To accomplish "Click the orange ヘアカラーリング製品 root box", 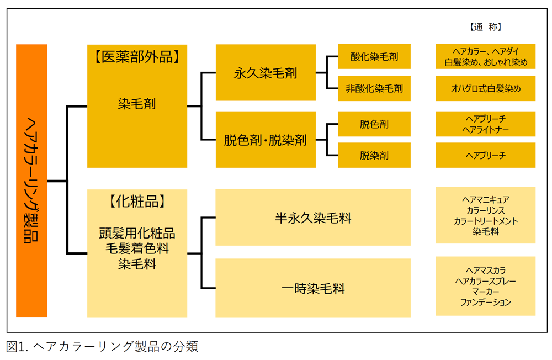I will [x=31, y=181].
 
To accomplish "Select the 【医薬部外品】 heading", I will [x=137, y=56].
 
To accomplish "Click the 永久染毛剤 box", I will [x=265, y=72].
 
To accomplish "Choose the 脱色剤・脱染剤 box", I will [x=265, y=140].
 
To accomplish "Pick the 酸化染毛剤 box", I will [x=374, y=56].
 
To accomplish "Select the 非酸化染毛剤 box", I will [x=374, y=88].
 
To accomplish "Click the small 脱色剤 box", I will [x=374, y=124].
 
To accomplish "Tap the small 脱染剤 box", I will [x=374, y=155].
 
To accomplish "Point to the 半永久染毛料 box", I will [x=312, y=218].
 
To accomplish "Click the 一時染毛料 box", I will [x=312, y=288].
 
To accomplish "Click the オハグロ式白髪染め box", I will [x=485, y=88].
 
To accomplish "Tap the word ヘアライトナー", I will [x=485, y=129].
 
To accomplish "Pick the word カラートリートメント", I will [x=485, y=221].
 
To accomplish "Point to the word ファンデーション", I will [x=485, y=302].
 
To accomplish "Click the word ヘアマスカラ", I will [x=485, y=271].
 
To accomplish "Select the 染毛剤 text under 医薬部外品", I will [x=137, y=104].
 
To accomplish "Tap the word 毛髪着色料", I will [x=137, y=248].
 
